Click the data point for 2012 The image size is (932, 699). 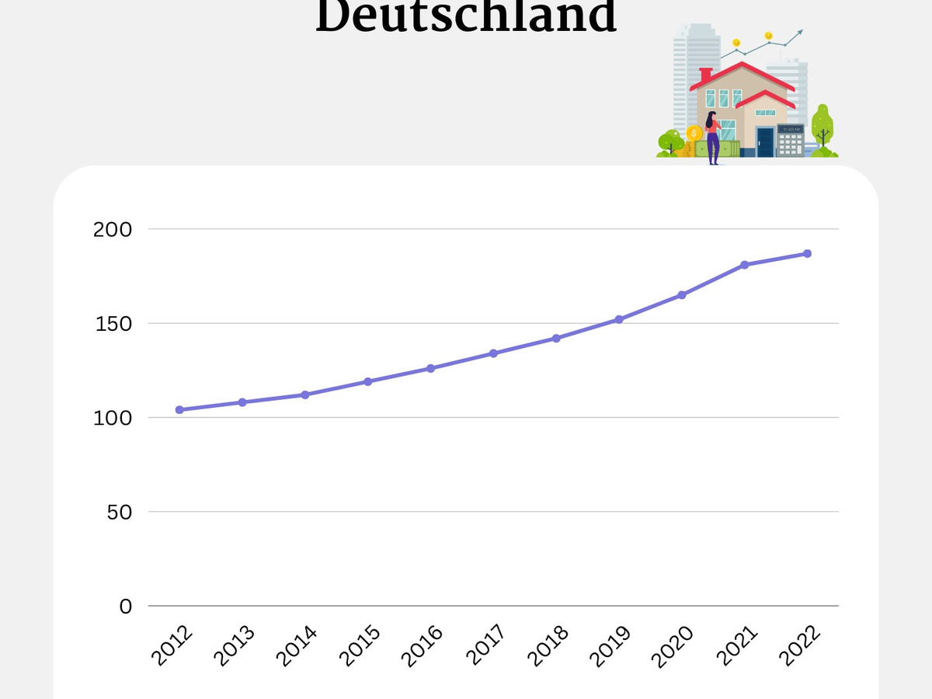[x=179, y=409]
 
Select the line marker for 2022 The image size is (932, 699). [x=808, y=253]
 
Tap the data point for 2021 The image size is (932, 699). [x=745, y=265]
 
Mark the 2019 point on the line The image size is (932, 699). [x=619, y=319]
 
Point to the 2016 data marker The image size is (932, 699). [x=431, y=368]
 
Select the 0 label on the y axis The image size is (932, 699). [x=127, y=607]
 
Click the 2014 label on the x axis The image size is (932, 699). [x=297, y=646]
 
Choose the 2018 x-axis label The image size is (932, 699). [x=548, y=646]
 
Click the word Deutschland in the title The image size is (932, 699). [x=466, y=17]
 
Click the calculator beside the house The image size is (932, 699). [x=790, y=141]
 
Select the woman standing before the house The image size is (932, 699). [x=712, y=137]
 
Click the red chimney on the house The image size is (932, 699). [x=705, y=75]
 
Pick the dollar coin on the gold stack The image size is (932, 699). [x=694, y=133]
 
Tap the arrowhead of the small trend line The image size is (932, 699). [x=800, y=33]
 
